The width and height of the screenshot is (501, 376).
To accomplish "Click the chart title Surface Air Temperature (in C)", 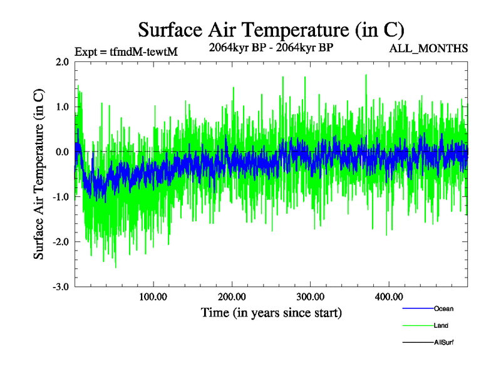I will click(271, 29).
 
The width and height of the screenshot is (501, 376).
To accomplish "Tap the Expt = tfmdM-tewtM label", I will click(126, 51).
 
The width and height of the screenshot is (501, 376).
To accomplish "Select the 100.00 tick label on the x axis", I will click(153, 296).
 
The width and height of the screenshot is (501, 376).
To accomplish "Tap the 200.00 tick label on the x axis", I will click(232, 296).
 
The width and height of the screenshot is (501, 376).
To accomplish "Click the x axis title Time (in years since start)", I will click(271, 311).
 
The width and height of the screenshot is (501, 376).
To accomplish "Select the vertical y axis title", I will click(39, 174).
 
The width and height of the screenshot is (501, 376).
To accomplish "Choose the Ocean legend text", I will click(443, 308).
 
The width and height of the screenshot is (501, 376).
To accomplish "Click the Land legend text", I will click(441, 326).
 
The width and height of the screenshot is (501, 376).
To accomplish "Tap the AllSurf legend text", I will click(443, 343).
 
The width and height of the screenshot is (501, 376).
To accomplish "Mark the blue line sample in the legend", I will click(416, 308).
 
